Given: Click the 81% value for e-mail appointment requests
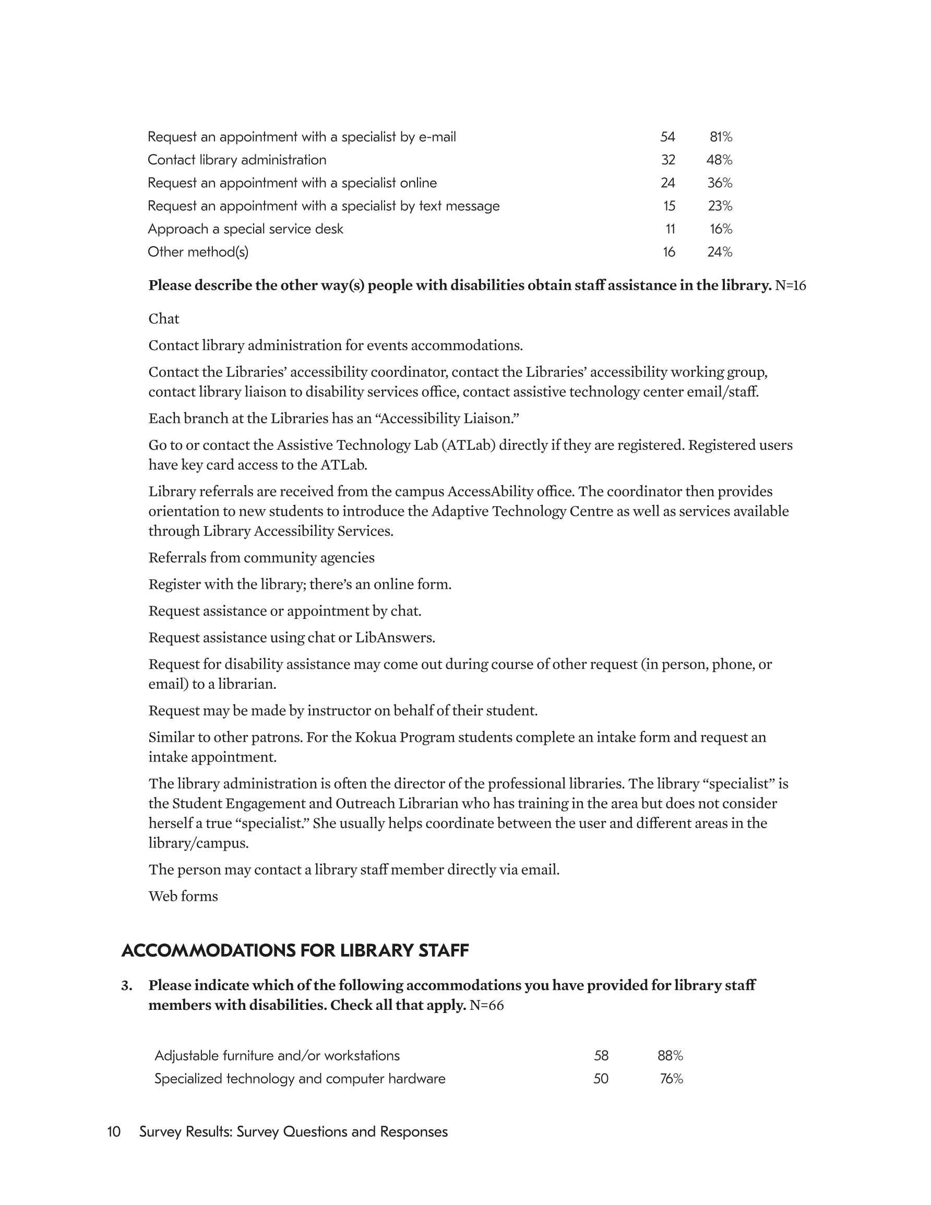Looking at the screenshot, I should point(721,137).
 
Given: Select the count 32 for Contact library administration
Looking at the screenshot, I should point(668,160).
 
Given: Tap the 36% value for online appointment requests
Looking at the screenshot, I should point(720,183).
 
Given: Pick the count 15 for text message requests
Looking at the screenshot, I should point(669,206).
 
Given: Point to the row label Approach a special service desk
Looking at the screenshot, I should point(245,229).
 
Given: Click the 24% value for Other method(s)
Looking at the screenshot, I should point(720,252).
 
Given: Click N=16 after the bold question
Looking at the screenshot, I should point(790,285).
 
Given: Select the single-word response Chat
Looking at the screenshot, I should point(164,319).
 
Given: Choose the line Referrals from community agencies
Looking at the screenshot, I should point(261,558).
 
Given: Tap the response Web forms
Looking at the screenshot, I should point(183,897).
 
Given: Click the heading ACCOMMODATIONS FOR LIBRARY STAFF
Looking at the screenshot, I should point(295,951).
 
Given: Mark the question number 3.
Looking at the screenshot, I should point(126,985).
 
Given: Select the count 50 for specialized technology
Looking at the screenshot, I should point(601,1079).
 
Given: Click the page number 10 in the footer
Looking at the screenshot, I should point(114,1132).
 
